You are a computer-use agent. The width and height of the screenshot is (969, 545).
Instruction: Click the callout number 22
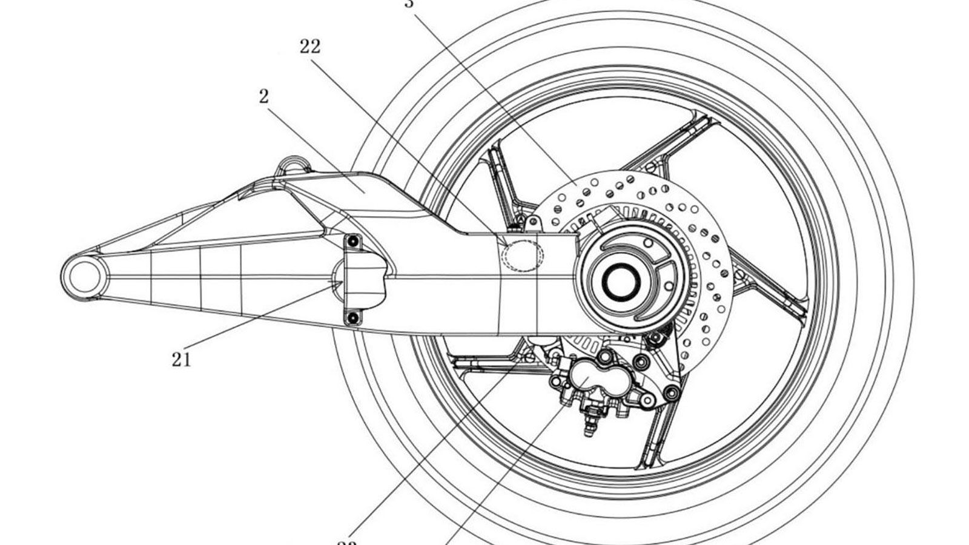pos(309,47)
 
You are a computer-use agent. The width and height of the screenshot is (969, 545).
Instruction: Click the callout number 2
pos(263,96)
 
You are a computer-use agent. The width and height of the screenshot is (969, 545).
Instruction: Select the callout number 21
pos(181,359)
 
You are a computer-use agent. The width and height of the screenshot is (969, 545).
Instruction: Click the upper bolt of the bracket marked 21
pos(353,243)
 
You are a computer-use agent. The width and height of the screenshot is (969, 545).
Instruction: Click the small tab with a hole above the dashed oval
pos(532,223)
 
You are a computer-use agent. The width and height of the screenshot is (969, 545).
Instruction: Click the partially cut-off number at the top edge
pos(410,4)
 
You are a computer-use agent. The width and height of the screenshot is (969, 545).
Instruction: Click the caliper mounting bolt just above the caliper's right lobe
pos(637,363)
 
